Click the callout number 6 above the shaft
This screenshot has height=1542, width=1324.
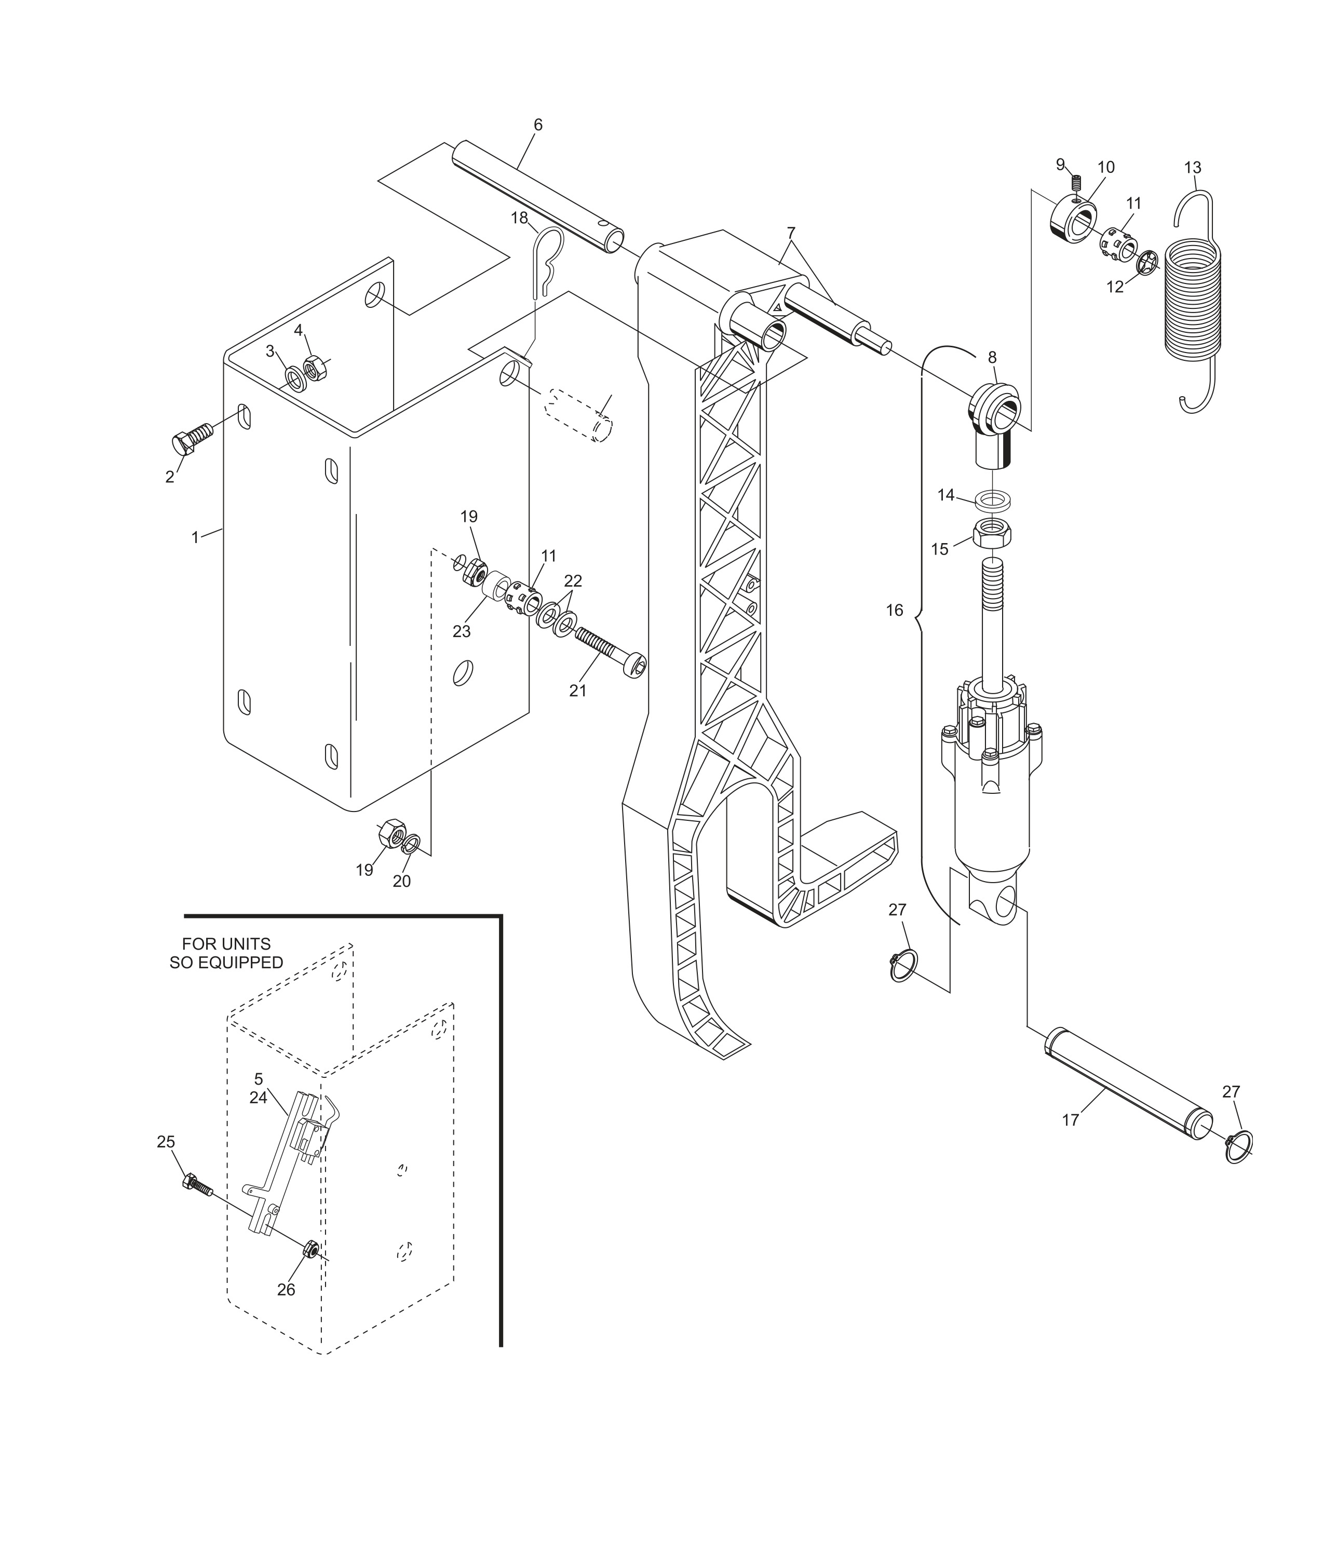pyautogui.click(x=537, y=125)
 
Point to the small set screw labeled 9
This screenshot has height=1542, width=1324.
pyautogui.click(x=1076, y=182)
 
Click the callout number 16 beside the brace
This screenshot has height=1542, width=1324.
pyautogui.click(x=894, y=610)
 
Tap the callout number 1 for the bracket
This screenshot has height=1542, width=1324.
pyautogui.click(x=195, y=536)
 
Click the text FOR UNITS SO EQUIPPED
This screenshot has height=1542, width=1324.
pyautogui.click(x=226, y=953)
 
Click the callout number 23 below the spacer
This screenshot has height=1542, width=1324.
pyautogui.click(x=462, y=631)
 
